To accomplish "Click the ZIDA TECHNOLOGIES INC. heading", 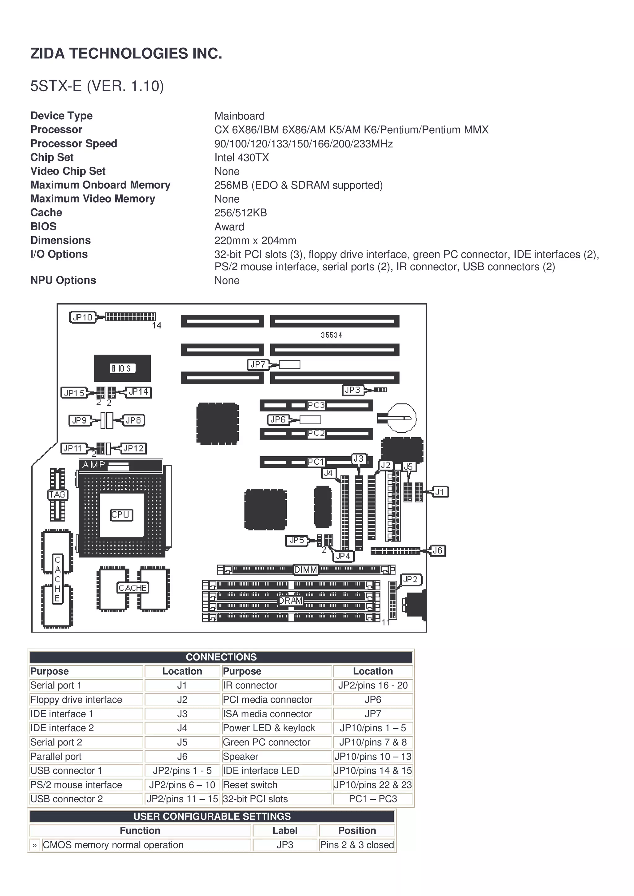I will coord(126,53).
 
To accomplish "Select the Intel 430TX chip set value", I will coord(241,158).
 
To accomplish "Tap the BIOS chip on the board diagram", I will coord(122,368).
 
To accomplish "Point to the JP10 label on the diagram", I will coord(82,317).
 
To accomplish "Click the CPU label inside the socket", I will coord(121,515).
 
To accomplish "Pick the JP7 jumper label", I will coord(258,365).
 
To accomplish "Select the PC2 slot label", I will coord(316,433).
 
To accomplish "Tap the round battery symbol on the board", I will coord(402,418).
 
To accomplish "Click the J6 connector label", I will coord(437,550).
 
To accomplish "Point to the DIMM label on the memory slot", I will coord(306,570).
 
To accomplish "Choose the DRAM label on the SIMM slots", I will coord(291,601).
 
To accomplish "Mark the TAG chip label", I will coord(57,495).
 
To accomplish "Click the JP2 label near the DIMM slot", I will coord(410,579).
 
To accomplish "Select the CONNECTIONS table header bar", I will coord(221,657).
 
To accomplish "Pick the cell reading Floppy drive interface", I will coord(76,700).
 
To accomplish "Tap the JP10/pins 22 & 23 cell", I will coord(373,785).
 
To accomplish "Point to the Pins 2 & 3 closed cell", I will coord(357,845).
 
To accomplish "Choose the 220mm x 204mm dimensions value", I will coord(255,241).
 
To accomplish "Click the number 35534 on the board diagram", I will coord(331,335).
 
